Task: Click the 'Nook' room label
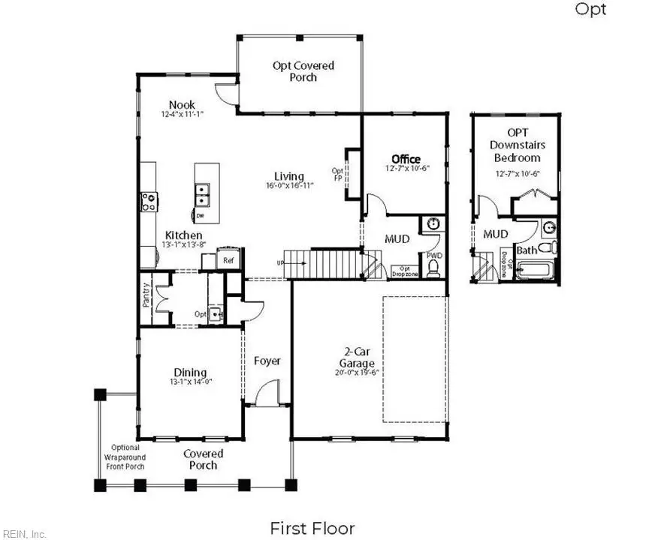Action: pos(182,105)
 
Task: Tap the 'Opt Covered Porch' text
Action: pos(303,71)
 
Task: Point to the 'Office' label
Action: pos(406,160)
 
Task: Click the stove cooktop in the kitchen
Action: pos(149,201)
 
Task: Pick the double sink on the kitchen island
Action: pos(202,196)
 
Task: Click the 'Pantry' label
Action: pos(147,294)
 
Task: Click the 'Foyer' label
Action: pos(267,361)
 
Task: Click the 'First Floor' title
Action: pos(312,528)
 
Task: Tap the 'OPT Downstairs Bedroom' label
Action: pos(517,145)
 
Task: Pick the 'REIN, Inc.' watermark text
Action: pos(24,534)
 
